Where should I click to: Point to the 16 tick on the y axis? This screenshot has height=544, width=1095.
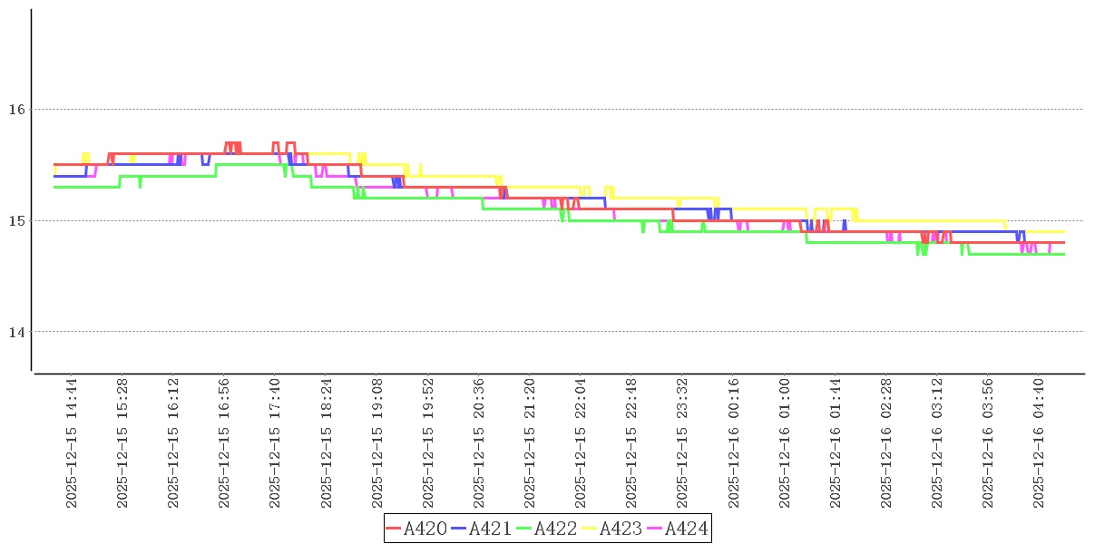point(15,110)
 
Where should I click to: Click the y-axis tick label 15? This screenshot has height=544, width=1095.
point(15,220)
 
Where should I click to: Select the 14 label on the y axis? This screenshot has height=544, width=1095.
point(15,332)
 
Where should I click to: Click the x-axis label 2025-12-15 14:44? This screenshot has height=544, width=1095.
point(72,443)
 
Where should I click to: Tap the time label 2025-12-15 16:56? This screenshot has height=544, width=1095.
point(224,443)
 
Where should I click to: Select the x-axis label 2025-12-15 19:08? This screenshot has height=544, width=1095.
point(376,443)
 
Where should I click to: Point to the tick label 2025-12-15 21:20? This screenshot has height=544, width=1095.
point(529,443)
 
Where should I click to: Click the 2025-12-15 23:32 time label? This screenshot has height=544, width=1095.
point(681,443)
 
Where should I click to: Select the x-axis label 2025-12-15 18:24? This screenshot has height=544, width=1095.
point(326,443)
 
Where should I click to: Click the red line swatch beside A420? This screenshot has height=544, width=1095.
point(394,529)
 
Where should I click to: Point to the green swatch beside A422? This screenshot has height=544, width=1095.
point(524,529)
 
